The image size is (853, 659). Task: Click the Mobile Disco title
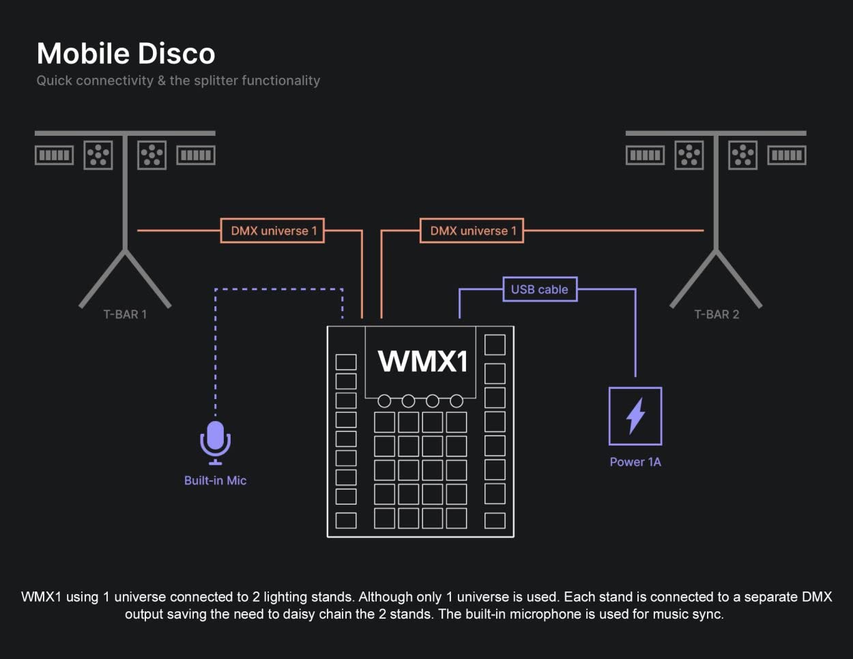point(126,54)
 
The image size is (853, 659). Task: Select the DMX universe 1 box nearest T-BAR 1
point(273,231)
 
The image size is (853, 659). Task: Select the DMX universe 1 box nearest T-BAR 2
point(472,231)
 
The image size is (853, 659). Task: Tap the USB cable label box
point(539,289)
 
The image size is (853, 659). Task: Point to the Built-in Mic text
point(215,480)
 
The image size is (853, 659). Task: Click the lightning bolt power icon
point(635,415)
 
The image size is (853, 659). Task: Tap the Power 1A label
point(635,462)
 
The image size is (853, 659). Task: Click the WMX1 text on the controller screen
point(422,361)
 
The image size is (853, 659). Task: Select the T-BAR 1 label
point(125,314)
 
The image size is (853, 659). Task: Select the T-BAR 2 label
point(717,314)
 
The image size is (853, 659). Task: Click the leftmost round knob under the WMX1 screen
point(384,400)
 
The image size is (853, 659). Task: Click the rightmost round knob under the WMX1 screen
point(457,400)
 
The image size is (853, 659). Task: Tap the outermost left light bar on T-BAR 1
point(54,155)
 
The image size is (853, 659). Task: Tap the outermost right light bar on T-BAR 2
point(787,155)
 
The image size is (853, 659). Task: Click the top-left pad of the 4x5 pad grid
point(384,422)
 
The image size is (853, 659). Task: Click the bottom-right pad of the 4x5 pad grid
point(457,518)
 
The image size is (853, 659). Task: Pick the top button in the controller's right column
point(495,345)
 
